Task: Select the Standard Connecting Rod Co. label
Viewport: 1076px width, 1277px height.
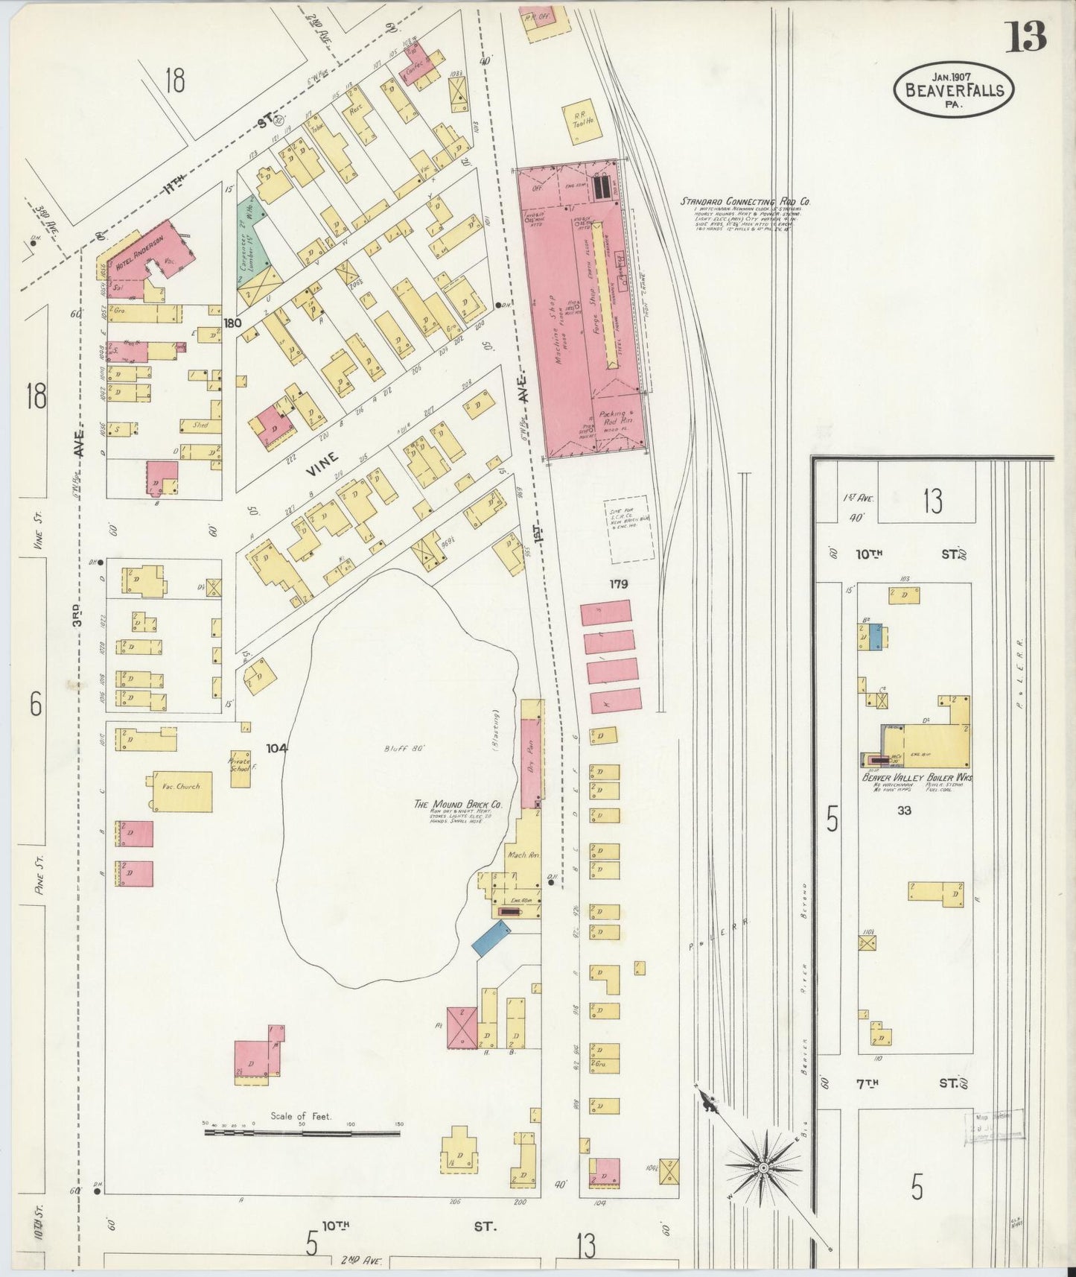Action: [x=745, y=201]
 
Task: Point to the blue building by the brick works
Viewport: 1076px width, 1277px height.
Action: [x=491, y=938]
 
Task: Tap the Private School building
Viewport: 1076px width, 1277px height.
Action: [x=240, y=767]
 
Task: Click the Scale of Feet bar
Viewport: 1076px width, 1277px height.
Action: [x=302, y=1133]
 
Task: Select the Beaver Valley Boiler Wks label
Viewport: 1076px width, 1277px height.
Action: [x=917, y=778]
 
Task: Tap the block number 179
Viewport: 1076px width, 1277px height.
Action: [x=618, y=584]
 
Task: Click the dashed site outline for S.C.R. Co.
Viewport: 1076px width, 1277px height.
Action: [x=629, y=529]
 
